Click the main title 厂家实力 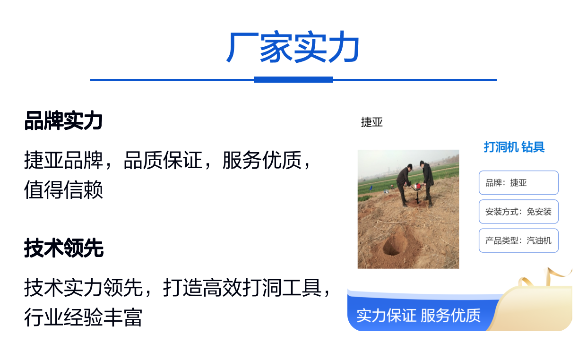tap(293, 47)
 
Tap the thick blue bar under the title tap(293, 80)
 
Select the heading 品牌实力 tap(63, 121)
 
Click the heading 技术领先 tap(64, 248)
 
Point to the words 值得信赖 tap(63, 189)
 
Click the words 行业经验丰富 tap(83, 317)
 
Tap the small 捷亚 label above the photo tap(371, 122)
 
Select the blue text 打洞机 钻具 tap(514, 147)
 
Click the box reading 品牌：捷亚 tap(518, 183)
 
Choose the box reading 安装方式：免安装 tap(518, 212)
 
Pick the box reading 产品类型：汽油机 tap(518, 240)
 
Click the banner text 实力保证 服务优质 tap(418, 316)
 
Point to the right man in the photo tap(427, 183)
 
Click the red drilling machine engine tap(417, 186)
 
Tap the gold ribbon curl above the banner tap(545, 278)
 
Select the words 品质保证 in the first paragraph tap(163, 160)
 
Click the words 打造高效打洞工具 tap(242, 287)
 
